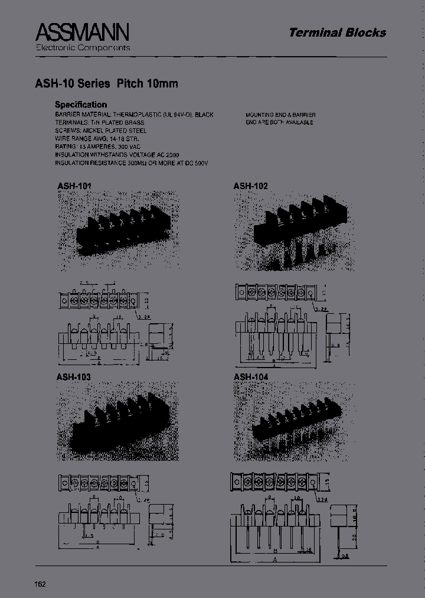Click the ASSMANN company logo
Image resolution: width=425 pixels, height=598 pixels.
(82, 32)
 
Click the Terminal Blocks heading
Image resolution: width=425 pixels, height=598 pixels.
(337, 33)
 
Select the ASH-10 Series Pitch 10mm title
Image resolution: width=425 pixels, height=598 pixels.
(116, 83)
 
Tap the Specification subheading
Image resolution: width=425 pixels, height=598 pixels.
(81, 105)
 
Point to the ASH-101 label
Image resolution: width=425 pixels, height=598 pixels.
(74, 186)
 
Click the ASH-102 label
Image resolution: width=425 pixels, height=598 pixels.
(250, 186)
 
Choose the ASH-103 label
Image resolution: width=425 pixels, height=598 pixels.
(74, 376)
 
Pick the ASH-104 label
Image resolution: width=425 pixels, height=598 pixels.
(251, 376)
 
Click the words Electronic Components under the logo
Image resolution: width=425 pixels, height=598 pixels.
(83, 47)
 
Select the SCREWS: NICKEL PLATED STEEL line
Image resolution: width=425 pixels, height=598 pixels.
(101, 130)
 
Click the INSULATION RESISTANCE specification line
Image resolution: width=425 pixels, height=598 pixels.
(132, 162)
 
